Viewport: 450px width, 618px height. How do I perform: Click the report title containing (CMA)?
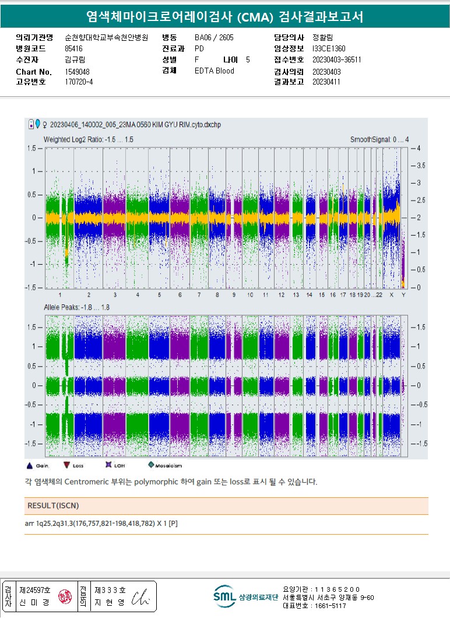(x=224, y=17)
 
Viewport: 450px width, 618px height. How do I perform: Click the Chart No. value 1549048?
(x=77, y=71)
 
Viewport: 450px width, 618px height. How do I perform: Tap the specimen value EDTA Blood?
(x=214, y=71)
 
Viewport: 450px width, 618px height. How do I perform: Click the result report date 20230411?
(x=326, y=82)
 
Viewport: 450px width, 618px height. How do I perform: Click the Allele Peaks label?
(x=76, y=307)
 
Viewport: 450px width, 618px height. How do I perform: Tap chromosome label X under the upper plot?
(x=392, y=295)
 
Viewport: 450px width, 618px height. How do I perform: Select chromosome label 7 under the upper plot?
(x=180, y=295)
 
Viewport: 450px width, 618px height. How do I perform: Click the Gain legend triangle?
(x=30, y=465)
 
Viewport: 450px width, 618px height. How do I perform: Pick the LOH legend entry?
(x=108, y=465)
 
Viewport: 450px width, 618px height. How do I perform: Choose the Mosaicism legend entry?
(x=151, y=465)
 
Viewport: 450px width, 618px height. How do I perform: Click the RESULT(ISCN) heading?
(x=53, y=505)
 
